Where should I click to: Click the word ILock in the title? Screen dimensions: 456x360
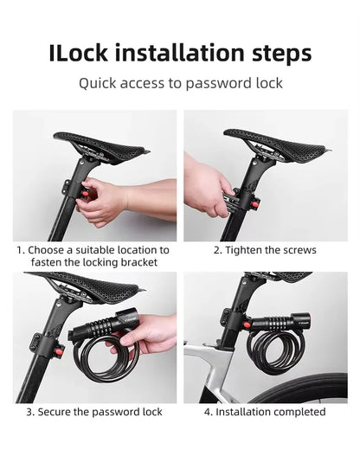click(80, 54)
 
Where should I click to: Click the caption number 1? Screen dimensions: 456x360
click(20, 249)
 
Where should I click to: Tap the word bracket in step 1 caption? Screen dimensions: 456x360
click(138, 261)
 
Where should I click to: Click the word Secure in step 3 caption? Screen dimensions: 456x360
click(52, 412)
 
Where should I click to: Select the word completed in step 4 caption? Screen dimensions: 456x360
click(297, 412)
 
